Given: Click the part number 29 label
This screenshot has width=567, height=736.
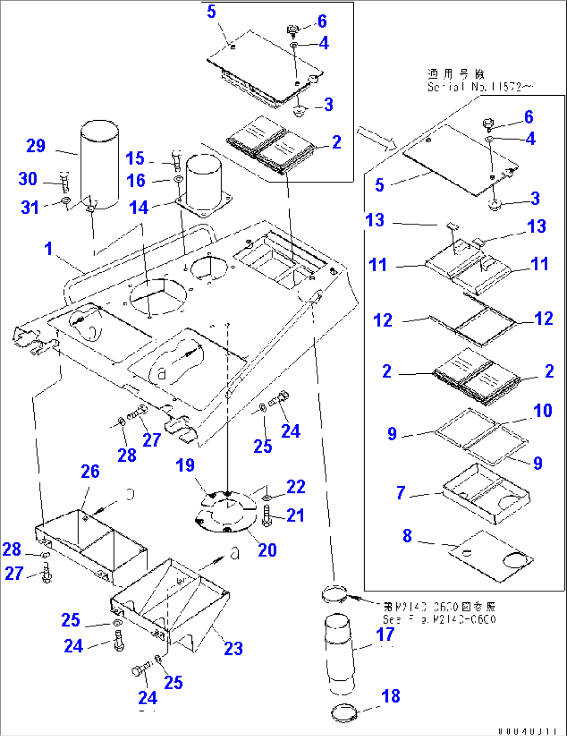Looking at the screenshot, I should coord(36,146).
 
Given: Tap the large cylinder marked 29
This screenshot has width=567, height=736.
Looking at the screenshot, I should coord(99,164).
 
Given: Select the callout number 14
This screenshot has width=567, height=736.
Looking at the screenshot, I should coord(139,208).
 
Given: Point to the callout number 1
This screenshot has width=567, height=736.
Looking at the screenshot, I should coord(48,249).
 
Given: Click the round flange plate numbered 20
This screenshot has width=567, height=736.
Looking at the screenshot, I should coord(226,513).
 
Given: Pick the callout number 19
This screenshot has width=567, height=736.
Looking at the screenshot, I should coord(185,465).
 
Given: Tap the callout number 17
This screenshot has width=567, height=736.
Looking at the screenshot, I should coord(385,635).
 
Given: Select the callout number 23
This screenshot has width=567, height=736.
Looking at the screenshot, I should coord(233,649).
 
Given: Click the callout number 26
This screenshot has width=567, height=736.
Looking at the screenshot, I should coord(90,472).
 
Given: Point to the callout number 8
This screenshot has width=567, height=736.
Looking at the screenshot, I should coord(407,536).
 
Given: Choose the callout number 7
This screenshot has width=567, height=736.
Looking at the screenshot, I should coord(401,492).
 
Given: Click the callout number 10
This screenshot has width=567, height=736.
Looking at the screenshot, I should coord(543,411).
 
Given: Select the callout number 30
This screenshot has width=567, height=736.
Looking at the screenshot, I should coord(28,179).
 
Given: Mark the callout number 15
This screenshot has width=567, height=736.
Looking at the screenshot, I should coord(135,158).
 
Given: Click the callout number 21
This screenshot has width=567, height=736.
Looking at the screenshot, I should coord(295,515).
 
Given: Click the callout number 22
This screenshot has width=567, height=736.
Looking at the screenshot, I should coord(296,487).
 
